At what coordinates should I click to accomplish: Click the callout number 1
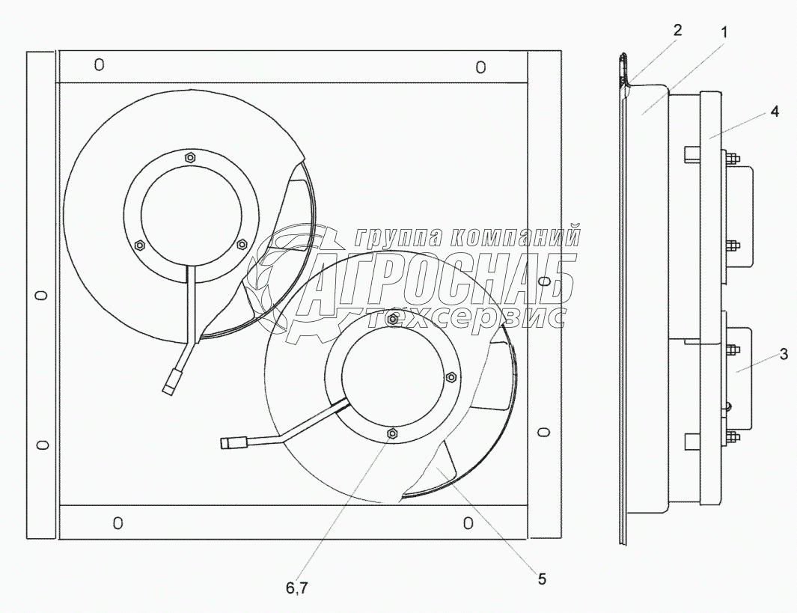tap(724, 32)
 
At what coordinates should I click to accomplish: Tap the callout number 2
tap(677, 31)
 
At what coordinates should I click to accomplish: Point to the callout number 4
tap(774, 111)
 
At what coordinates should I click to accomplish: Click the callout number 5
tap(542, 579)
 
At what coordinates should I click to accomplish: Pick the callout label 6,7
tap(296, 588)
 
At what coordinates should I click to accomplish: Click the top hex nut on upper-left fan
tap(189, 156)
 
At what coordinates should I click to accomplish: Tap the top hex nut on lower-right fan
tap(392, 319)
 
